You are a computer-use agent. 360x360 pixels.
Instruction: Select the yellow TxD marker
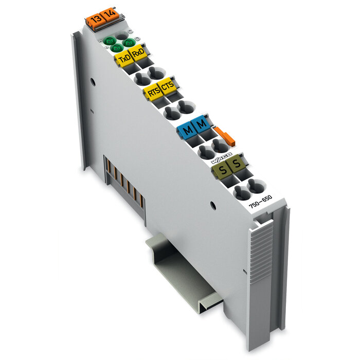pos(124,59)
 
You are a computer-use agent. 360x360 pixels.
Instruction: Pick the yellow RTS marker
pos(153,93)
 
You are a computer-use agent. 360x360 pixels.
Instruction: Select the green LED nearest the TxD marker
pos(117,47)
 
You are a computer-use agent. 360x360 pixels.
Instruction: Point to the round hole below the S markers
pos(212,205)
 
